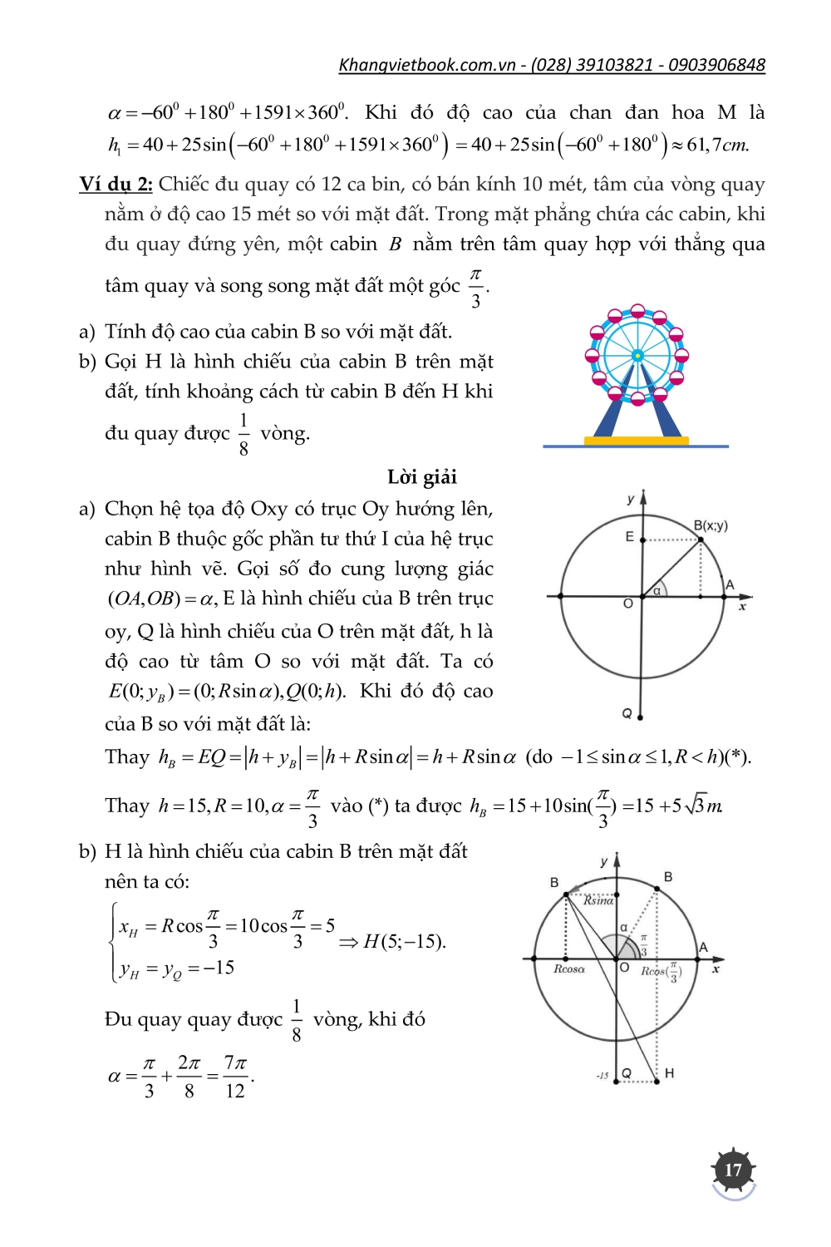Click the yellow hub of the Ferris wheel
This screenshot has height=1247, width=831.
point(637,356)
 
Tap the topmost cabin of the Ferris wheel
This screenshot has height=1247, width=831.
point(637,311)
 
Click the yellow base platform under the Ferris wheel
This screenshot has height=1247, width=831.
point(637,441)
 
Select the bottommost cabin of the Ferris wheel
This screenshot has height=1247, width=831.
point(637,400)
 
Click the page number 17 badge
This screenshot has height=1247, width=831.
point(733,1170)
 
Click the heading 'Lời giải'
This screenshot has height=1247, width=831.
point(422,476)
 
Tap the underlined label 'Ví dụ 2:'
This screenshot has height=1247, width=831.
point(116,184)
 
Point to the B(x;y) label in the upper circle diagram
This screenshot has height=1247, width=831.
point(711,525)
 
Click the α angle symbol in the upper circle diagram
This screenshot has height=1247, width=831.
point(656,590)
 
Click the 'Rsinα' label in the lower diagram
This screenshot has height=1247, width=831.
point(598,900)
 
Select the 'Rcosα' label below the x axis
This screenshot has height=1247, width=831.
point(569,969)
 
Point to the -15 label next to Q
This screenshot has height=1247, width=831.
point(602,1076)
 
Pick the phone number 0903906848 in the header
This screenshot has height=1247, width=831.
point(716,65)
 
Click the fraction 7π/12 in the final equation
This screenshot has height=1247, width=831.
point(235,1077)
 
